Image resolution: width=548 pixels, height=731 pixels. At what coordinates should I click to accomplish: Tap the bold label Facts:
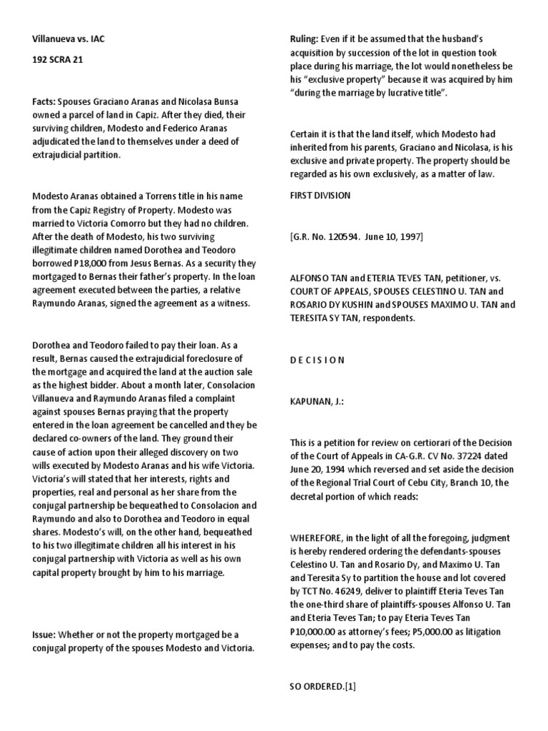pos(44,102)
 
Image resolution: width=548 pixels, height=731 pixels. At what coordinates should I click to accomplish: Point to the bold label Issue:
pos(44,634)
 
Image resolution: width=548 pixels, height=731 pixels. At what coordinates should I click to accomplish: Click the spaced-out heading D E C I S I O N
pos(317,360)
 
